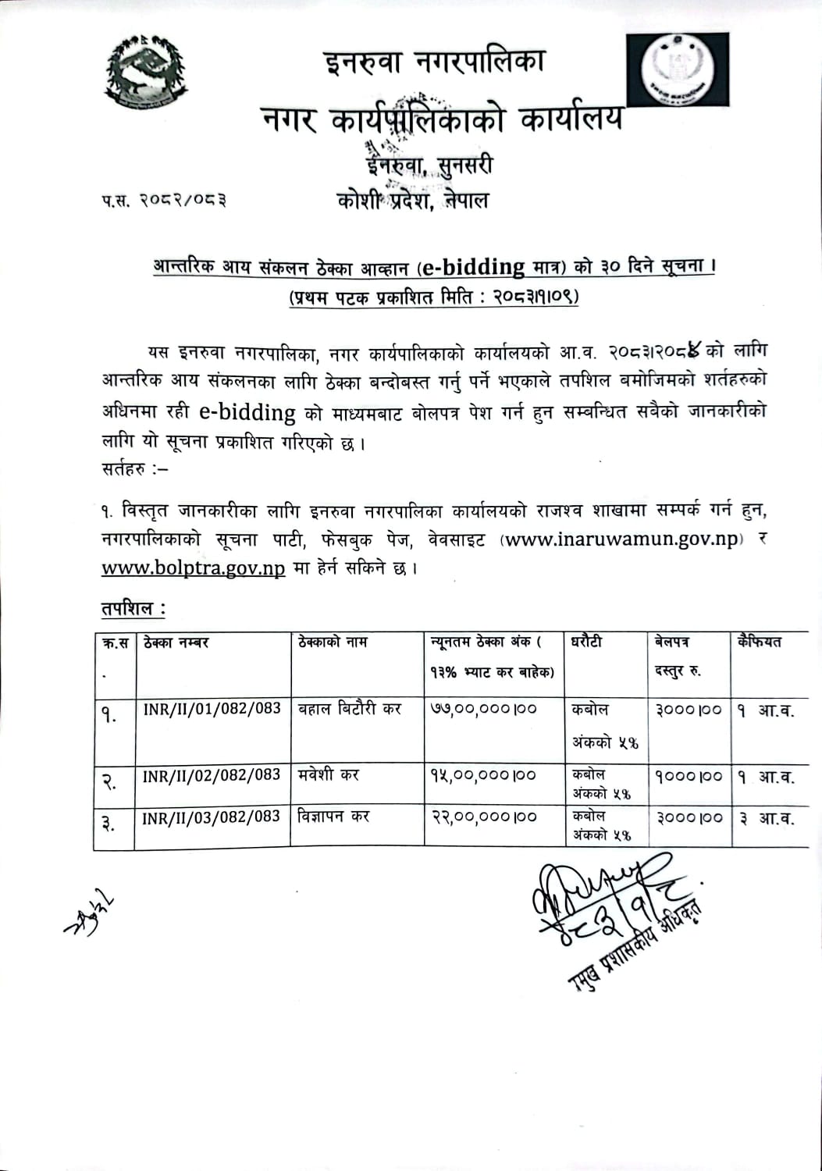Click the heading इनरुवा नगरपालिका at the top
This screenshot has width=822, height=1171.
435,61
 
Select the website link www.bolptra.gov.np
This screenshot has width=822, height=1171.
193,568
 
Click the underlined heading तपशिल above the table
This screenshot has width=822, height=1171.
133,609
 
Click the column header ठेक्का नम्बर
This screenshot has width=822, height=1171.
176,642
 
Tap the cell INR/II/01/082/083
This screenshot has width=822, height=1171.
212,708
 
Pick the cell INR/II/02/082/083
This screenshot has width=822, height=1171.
212,775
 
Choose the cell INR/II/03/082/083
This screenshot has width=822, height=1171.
212,817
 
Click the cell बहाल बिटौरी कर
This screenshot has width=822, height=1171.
349,709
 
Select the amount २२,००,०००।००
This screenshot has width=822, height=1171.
484,817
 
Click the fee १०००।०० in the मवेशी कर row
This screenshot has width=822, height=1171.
689,777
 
